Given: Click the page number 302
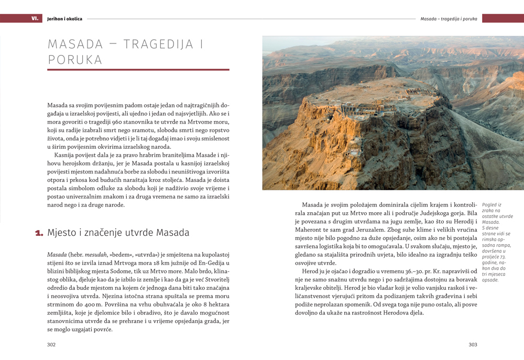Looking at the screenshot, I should [51, 344].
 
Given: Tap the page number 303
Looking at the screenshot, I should [473, 344].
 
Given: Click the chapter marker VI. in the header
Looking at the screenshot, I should [35, 18].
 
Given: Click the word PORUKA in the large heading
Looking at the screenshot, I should [75, 60].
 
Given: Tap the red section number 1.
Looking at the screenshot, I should [39, 233].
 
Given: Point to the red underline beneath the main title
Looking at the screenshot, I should [138, 70].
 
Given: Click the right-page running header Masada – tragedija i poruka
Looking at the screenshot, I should [449, 19].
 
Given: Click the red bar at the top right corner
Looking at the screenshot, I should [503, 18].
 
